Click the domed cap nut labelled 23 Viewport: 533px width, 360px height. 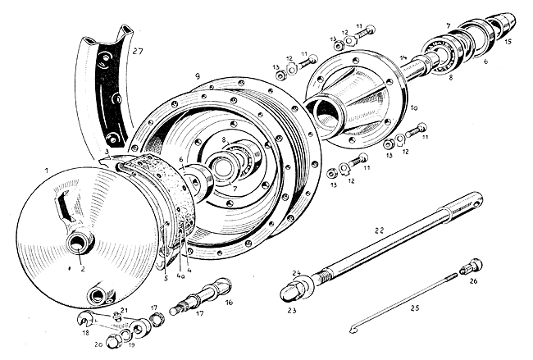(294, 291)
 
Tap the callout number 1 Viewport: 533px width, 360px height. (47, 169)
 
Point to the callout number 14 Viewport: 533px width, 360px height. (403, 57)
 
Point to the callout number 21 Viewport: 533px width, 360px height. (123, 310)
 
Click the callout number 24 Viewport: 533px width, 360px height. (296, 273)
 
